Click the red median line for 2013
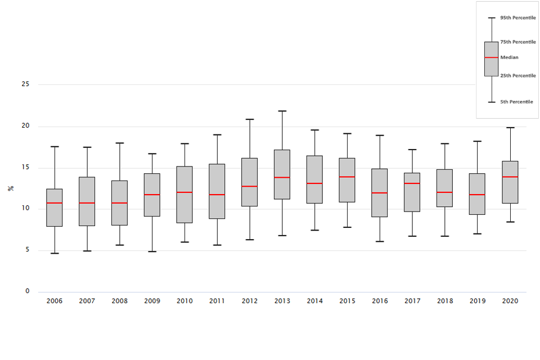(x=282, y=178)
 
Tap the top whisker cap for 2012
(x=250, y=119)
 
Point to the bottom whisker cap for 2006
(x=55, y=253)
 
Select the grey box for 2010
(x=184, y=195)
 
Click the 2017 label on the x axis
(x=412, y=301)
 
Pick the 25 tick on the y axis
(x=25, y=84)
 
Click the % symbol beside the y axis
(x=11, y=188)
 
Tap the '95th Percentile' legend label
(x=517, y=18)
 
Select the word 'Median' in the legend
(x=509, y=57)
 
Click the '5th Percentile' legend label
(x=516, y=102)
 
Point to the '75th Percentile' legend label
(x=517, y=42)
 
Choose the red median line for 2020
(x=510, y=177)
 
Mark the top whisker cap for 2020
(x=510, y=128)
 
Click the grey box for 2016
(x=380, y=193)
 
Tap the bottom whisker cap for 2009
(x=152, y=251)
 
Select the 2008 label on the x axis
(x=119, y=301)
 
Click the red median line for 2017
(x=412, y=183)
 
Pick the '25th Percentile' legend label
(x=517, y=76)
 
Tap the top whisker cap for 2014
(x=315, y=130)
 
